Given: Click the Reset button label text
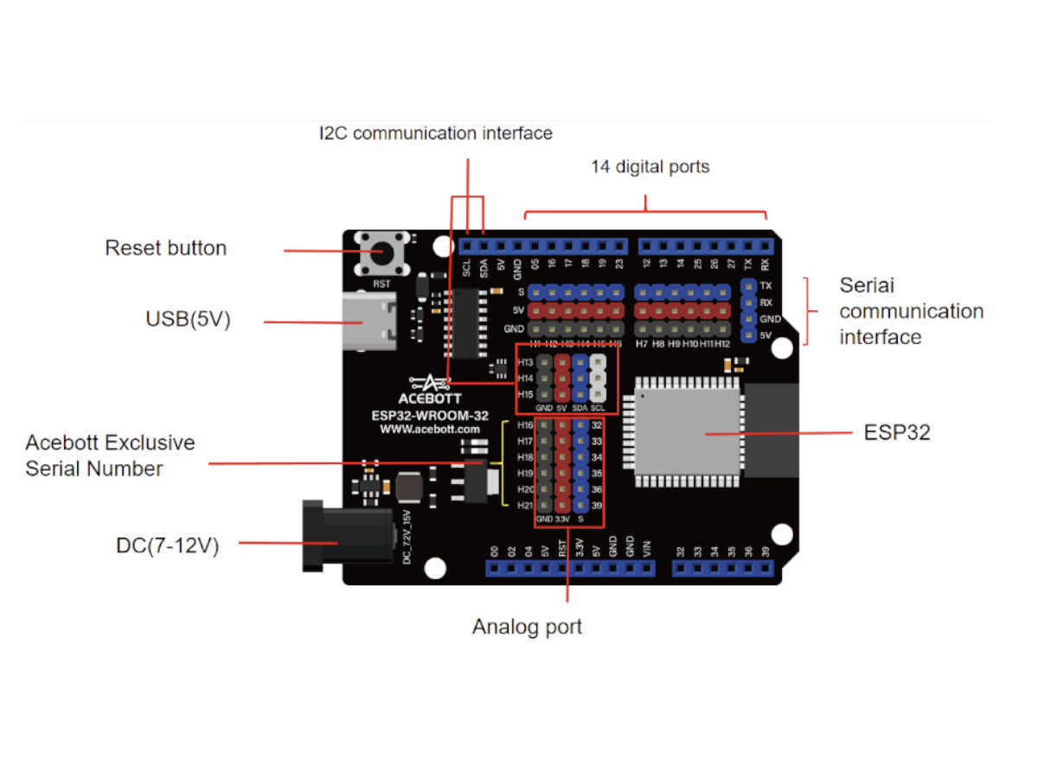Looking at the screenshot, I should pos(165,248).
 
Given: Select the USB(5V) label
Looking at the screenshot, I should pos(188,320).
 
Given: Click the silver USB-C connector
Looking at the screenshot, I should pos(369,321).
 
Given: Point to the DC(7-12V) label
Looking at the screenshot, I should pos(167,545).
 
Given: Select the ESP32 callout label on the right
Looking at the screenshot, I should pos(897,433).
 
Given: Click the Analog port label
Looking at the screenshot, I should pos(527,627).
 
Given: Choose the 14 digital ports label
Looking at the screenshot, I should pos(650,167).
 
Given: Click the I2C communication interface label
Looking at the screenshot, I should pos(435,133).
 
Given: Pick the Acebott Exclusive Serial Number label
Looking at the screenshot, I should pos(110,456).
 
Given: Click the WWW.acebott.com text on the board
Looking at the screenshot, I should pos(429,429).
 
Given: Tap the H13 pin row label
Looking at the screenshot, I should pos(525,362).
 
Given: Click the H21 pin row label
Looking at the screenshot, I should pos(524,506).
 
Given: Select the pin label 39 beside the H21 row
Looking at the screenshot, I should pos(596,506).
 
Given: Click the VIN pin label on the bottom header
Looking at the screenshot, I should pos(645,547).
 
